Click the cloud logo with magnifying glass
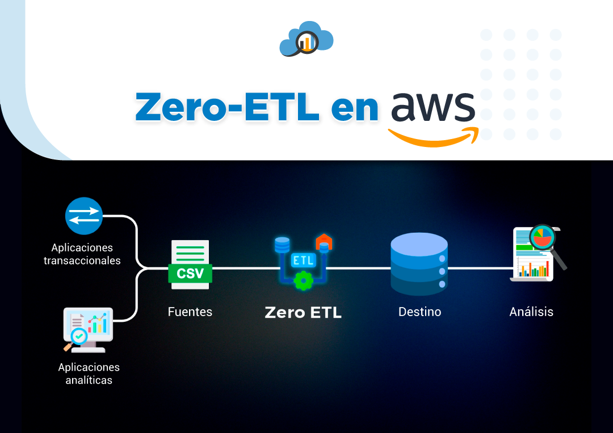click(x=306, y=39)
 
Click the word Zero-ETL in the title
click(x=227, y=106)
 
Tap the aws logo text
click(x=433, y=104)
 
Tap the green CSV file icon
click(x=190, y=264)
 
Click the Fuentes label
click(x=190, y=312)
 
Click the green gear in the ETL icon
click(x=304, y=280)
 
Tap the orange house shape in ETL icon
click(x=324, y=240)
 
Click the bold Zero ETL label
click(x=303, y=312)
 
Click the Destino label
click(x=419, y=312)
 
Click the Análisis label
click(x=531, y=312)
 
